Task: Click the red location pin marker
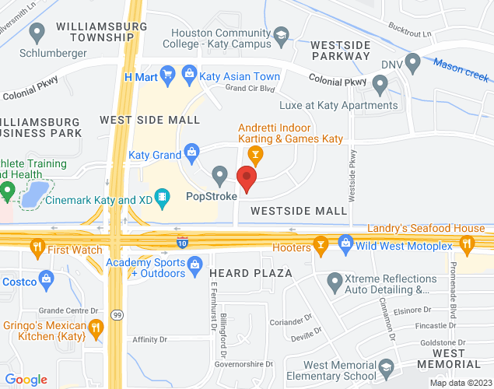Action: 247,178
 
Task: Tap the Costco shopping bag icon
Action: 48,279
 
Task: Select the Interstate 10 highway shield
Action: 182,242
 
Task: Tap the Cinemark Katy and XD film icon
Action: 162,198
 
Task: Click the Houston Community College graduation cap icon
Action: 281,36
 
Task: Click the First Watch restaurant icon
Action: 36,249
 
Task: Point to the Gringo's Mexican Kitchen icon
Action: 96,328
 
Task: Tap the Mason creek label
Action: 461,70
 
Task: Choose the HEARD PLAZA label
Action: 251,273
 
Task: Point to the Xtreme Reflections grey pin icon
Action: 335,279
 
